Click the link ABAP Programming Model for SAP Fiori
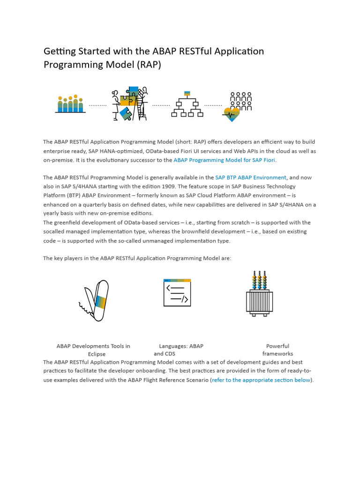click(225, 160)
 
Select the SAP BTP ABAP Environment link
click(250, 178)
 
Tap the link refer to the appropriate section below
click(261, 380)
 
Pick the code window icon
click(177, 292)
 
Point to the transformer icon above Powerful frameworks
click(259, 294)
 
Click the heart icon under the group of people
click(231, 114)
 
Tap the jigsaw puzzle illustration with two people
click(130, 104)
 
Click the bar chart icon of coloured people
click(70, 104)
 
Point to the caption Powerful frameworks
click(277, 350)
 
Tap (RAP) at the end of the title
click(149, 65)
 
